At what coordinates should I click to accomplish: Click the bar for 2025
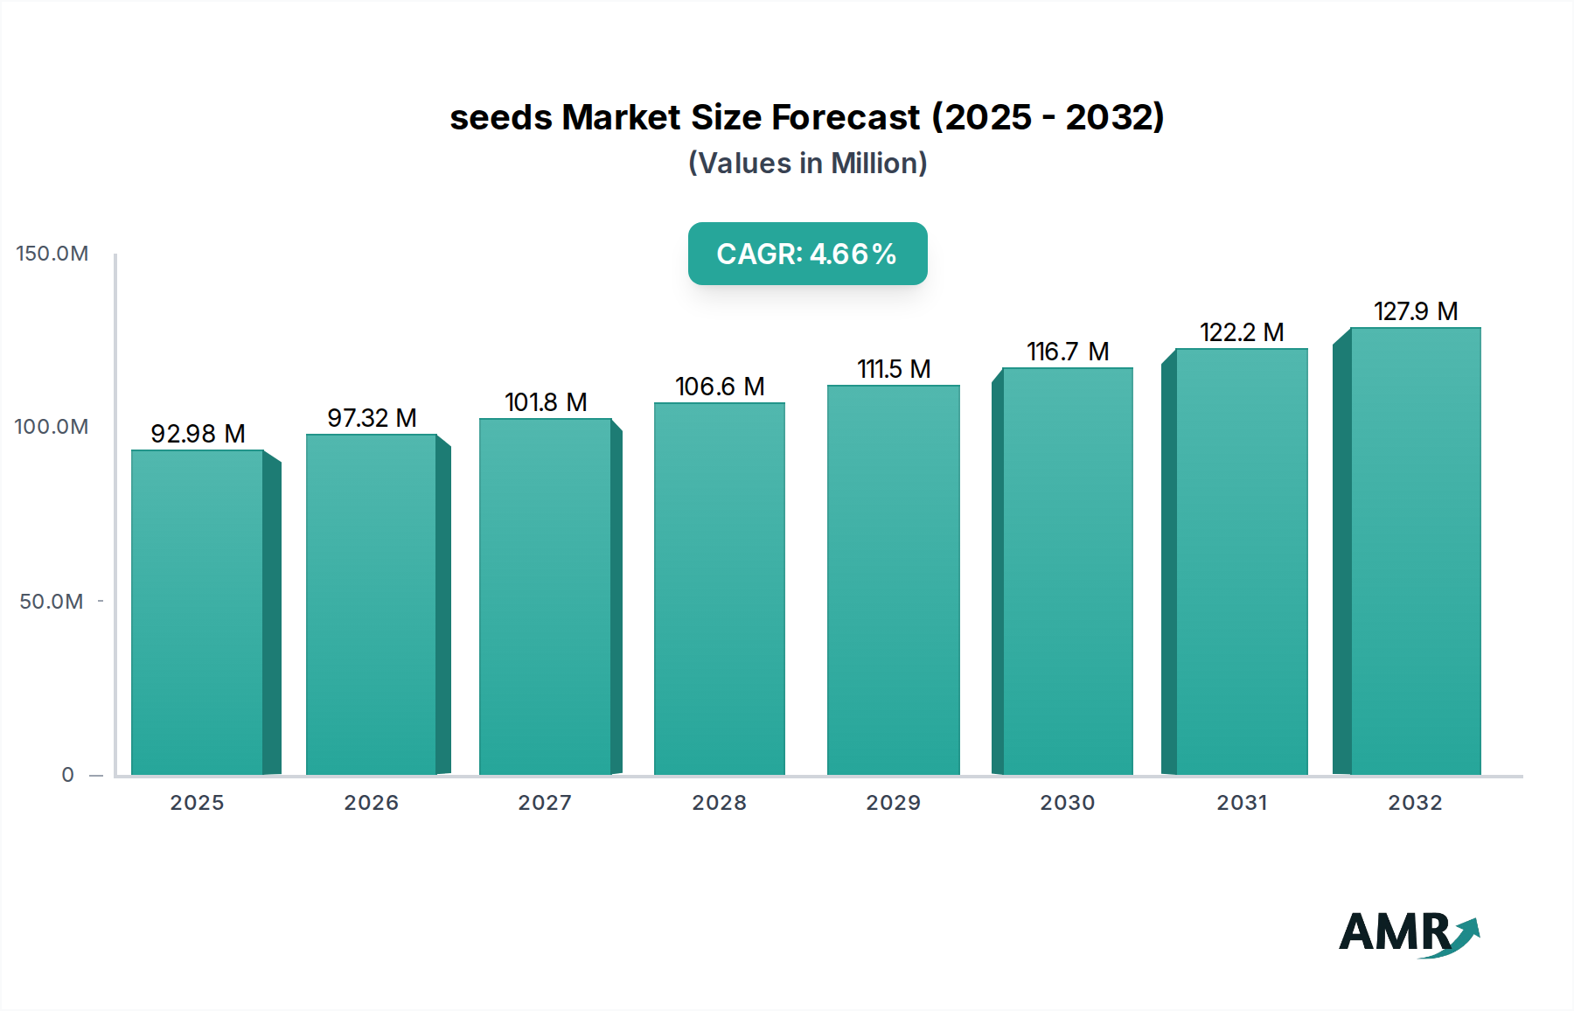[198, 612]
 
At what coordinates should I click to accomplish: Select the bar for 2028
[720, 589]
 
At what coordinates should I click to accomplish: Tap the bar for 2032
[1415, 551]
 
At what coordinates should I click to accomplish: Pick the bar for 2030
[1067, 571]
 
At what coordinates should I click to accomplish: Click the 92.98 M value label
[198, 434]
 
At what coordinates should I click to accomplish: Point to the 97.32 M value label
[372, 418]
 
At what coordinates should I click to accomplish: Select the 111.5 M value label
[894, 369]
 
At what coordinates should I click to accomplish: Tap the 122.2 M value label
[1242, 332]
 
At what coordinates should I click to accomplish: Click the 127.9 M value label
[1415, 311]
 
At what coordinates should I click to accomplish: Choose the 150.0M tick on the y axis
[52, 254]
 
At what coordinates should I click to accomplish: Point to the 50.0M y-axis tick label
[52, 602]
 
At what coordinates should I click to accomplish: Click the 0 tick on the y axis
[68, 775]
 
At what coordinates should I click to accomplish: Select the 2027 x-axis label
[545, 803]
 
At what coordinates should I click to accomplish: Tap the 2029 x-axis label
[893, 803]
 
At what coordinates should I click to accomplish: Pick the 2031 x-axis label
[1242, 803]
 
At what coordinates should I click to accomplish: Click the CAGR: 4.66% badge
[807, 254]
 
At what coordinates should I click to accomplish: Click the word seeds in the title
[501, 117]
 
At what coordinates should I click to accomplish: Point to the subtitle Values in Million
[807, 163]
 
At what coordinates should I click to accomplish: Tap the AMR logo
[1409, 932]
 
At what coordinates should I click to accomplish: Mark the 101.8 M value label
[546, 402]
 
